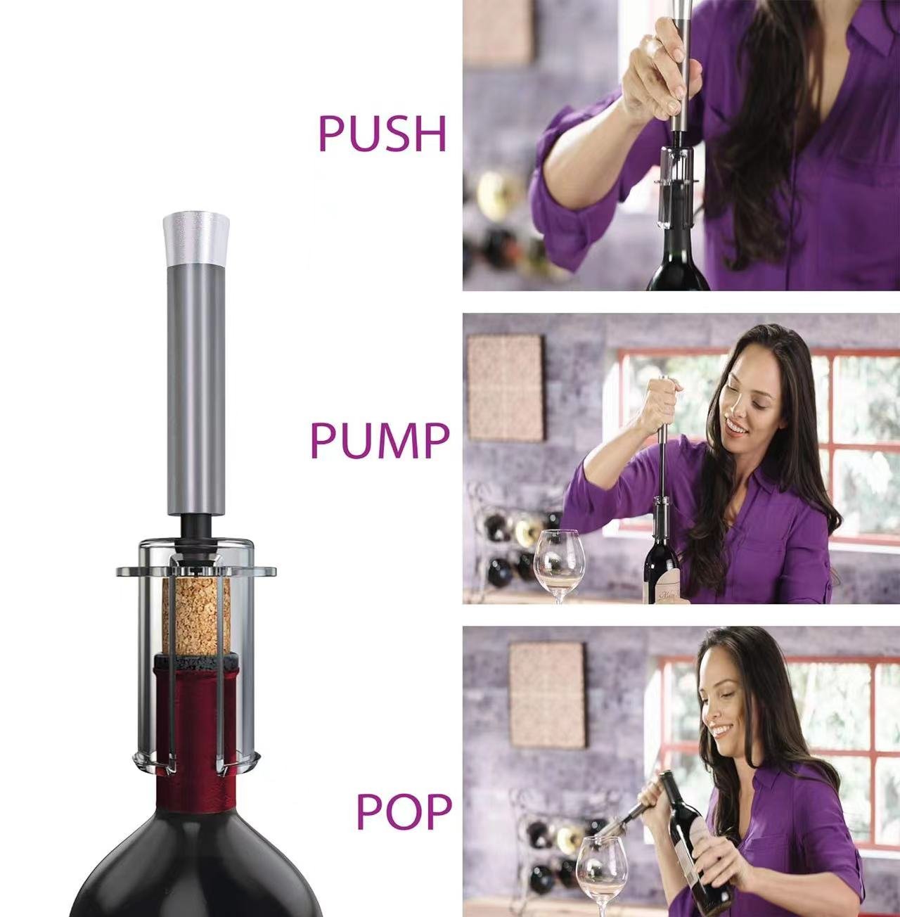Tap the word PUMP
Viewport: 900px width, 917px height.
click(x=379, y=440)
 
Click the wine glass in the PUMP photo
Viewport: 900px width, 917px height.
click(x=558, y=559)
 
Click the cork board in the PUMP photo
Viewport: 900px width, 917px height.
click(x=506, y=387)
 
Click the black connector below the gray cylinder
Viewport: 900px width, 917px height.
click(x=192, y=527)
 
